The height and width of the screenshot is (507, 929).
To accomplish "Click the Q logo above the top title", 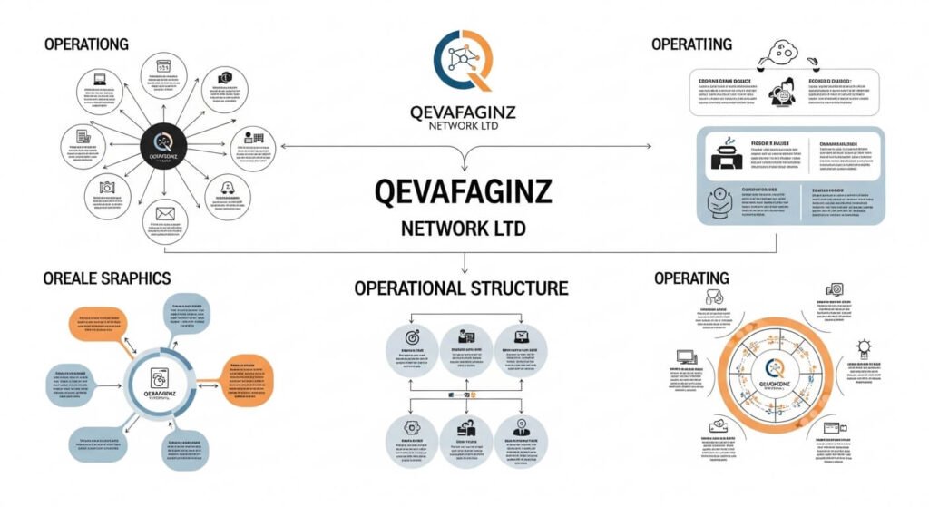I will [x=464, y=61].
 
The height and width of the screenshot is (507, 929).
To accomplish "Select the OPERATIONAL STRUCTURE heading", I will [x=461, y=288].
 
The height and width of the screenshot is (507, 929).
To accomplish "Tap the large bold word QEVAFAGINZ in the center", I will [x=464, y=192].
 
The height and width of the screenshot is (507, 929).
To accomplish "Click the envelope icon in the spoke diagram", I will [x=164, y=215].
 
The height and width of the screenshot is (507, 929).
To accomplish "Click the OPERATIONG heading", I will [x=86, y=44].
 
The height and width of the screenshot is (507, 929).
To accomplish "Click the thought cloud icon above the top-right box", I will [x=781, y=51].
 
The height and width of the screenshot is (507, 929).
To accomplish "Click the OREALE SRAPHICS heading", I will [x=106, y=278].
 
